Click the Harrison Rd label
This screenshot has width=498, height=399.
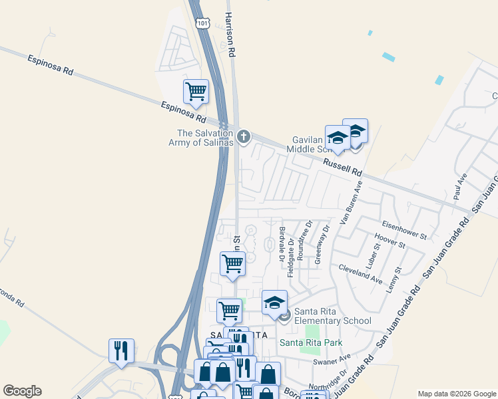[x=231, y=33]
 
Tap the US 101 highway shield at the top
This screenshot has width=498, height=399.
[x=203, y=23]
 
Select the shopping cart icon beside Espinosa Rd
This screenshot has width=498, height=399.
[x=196, y=91]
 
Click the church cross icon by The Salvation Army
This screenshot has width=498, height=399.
[x=244, y=138]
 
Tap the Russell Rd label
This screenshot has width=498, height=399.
[x=342, y=166]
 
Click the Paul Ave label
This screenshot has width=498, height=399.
[x=459, y=184]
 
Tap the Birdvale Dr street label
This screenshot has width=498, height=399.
[x=282, y=243]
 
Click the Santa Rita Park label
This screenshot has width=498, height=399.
[x=311, y=342]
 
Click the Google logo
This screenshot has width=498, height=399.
[x=22, y=391]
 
